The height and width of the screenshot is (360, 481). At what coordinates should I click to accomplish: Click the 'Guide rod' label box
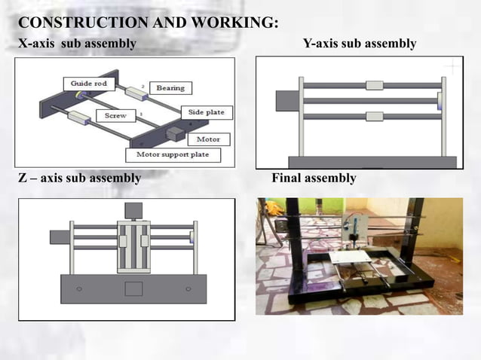[x=87, y=83]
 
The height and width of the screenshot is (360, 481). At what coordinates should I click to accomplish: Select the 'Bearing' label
[x=170, y=88]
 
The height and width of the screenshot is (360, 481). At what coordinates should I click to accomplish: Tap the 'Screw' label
[x=116, y=116]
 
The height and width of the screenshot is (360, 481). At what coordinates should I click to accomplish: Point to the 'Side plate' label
[x=206, y=112]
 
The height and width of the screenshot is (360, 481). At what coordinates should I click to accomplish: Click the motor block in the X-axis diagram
[x=175, y=133]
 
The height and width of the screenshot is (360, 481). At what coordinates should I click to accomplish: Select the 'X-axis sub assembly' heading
[x=77, y=44]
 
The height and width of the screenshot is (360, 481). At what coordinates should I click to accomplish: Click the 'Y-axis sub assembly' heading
[x=359, y=44]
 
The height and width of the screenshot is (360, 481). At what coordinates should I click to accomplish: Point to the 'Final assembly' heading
[x=314, y=178]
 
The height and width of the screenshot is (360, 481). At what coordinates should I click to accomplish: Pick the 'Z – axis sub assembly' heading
[x=79, y=178]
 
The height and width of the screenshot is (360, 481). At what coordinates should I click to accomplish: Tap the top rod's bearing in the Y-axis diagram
[x=375, y=85]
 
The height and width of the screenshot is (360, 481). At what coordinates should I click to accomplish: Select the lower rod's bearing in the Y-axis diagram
[x=375, y=116]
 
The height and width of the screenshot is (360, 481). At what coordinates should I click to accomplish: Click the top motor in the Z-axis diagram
[x=133, y=210]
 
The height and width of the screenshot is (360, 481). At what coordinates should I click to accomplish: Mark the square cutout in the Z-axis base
[x=133, y=287]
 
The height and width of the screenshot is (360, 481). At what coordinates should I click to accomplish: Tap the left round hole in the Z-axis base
[x=78, y=288]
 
